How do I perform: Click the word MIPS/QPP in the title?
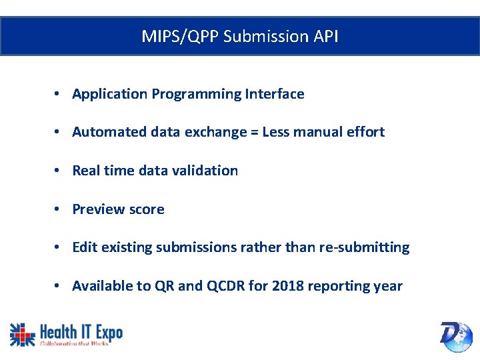(180, 36)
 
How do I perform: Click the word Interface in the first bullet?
(275, 94)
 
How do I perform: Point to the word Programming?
(197, 94)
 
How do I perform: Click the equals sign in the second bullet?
(254, 132)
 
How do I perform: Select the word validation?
(205, 171)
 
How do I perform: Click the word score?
(146, 209)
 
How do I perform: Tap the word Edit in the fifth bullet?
(85, 247)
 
